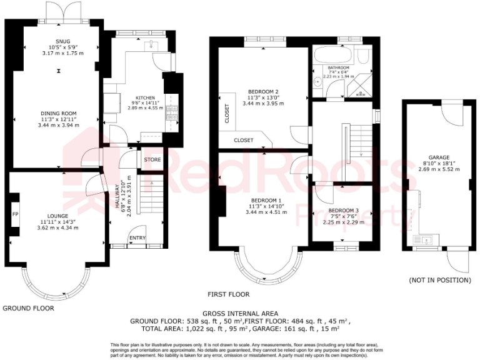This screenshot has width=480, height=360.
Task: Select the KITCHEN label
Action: coord(146,99)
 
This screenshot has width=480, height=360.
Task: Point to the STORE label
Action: coord(152,160)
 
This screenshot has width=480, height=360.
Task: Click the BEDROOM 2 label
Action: coord(263,91)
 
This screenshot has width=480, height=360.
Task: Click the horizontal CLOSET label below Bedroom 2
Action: coord(244,141)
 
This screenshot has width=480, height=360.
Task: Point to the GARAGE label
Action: coord(437,157)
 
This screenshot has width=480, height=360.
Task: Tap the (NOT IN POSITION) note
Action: coord(439,281)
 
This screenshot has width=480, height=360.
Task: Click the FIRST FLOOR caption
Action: coord(229,294)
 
